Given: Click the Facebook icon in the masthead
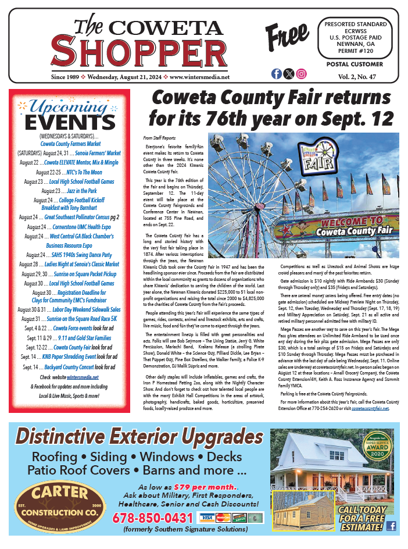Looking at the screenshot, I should pyautogui.click(x=277, y=74).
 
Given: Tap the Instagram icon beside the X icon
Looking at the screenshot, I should pyautogui.click(x=301, y=74).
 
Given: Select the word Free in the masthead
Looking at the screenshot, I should pyautogui.click(x=287, y=37).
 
